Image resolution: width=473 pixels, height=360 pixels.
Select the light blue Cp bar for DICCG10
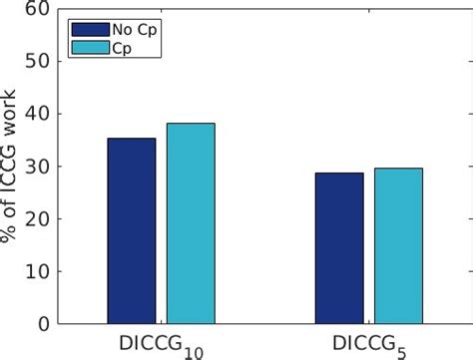(x=190, y=223)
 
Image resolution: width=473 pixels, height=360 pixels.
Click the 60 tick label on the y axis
(x=36, y=10)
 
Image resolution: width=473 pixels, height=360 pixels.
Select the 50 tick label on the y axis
(x=36, y=62)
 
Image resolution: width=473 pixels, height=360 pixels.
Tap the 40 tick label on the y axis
(x=36, y=114)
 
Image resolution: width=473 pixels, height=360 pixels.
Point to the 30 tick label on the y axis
(x=36, y=167)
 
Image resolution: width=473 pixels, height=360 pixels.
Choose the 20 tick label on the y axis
(x=36, y=218)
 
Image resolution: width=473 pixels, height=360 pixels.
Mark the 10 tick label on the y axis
(x=36, y=271)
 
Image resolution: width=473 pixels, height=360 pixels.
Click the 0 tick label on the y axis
(x=42, y=323)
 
